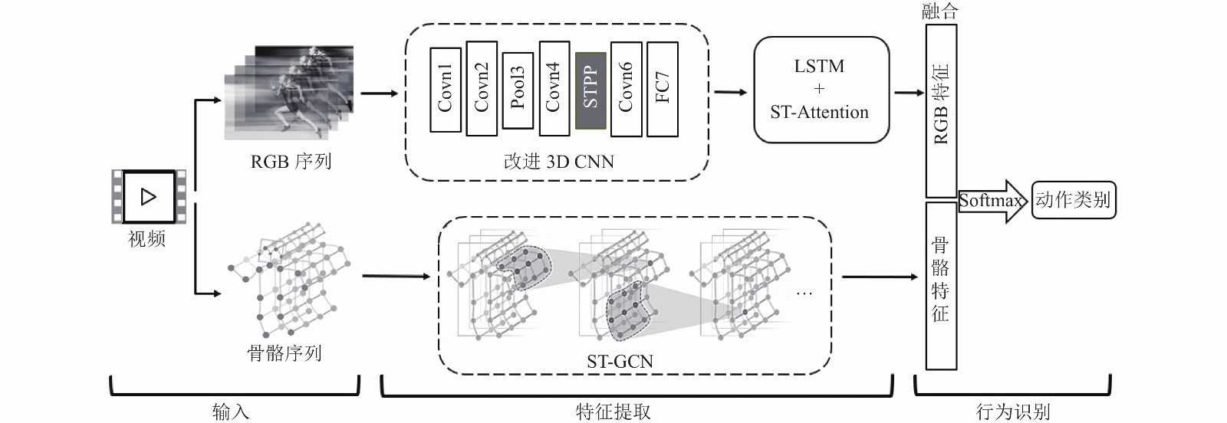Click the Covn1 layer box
coord(446,90)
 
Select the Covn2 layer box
coord(482,88)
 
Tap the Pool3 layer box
coord(518,90)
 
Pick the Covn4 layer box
coord(554,88)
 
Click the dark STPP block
coord(590,91)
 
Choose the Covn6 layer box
coord(626,89)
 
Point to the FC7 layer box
coord(663,89)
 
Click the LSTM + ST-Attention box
coord(821,90)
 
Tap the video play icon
coord(149,196)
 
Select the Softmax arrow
coord(991,201)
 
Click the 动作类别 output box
coord(1074,200)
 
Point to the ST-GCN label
coord(620,361)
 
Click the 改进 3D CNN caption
coord(559,162)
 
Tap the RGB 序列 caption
coord(291,162)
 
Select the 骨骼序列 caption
coord(285,353)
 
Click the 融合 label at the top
coord(940,11)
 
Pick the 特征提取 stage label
coord(613,412)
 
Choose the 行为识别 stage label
coord(1013,412)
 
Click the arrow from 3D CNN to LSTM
coord(731,93)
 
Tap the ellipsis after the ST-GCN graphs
coord(804,294)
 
